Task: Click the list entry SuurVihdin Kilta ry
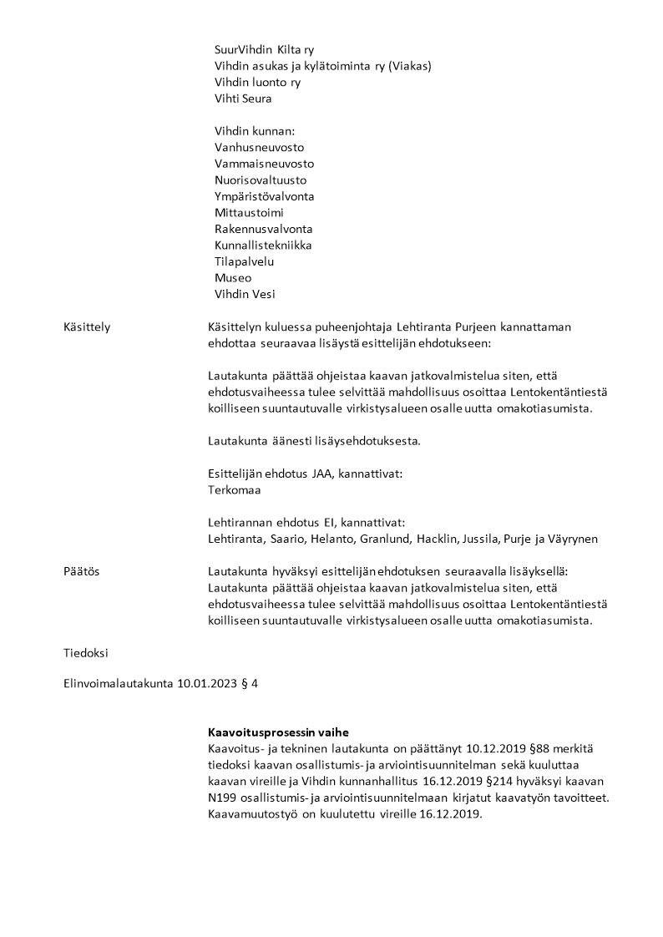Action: tap(264, 50)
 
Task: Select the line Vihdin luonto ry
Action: tap(257, 83)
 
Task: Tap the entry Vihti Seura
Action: tap(243, 99)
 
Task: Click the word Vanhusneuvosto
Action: tap(259, 148)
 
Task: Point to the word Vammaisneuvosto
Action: tap(264, 164)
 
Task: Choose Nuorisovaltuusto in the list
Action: tap(261, 180)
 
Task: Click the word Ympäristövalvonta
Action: tap(264, 196)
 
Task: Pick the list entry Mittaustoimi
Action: tap(249, 213)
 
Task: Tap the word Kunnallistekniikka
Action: tap(263, 246)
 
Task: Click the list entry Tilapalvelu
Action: tap(245, 261)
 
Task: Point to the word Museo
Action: tap(233, 278)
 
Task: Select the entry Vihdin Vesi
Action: tap(245, 294)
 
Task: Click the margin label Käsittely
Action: tap(87, 327)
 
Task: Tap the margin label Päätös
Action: tap(82, 571)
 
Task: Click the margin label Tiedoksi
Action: tap(86, 652)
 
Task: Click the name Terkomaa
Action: tap(235, 490)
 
